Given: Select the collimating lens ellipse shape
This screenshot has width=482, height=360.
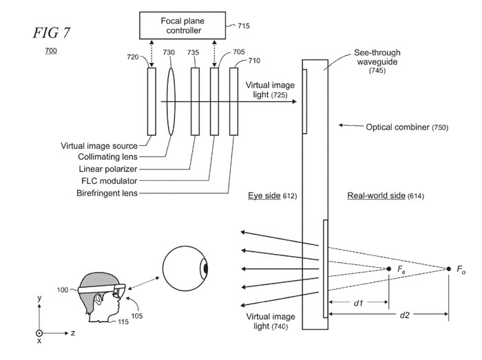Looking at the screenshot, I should (171, 103).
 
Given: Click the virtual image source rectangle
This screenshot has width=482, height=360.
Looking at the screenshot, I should (151, 103).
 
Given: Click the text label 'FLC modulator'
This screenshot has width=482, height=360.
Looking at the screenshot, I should (110, 181).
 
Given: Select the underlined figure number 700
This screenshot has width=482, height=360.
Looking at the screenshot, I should (52, 51).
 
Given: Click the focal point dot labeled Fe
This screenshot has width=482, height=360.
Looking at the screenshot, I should (389, 268).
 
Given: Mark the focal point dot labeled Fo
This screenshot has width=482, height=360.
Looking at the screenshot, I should (449, 268).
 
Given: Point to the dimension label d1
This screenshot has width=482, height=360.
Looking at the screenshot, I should (359, 301).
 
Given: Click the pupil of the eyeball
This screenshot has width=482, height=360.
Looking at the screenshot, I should (205, 268).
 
